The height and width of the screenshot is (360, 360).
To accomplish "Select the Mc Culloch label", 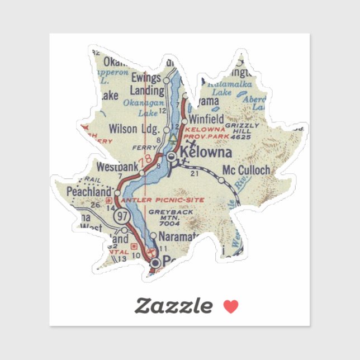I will [x=246, y=170].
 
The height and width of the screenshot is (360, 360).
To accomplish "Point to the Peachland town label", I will [x=89, y=192].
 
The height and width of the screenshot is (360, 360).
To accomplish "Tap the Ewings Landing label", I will [x=148, y=83].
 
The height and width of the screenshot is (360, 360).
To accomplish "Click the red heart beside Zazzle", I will [x=231, y=306].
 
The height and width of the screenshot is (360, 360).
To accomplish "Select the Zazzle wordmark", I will [x=174, y=306].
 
